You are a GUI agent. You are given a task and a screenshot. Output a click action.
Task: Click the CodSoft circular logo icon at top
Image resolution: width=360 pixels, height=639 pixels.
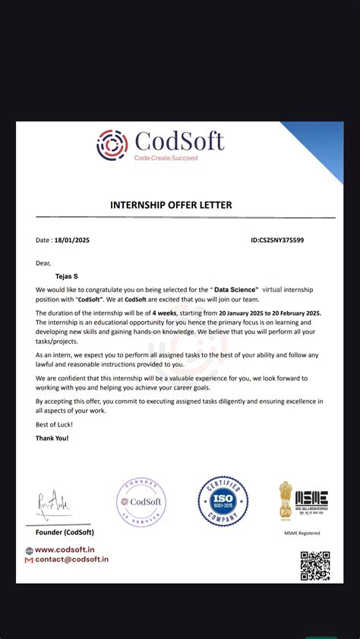[112, 145]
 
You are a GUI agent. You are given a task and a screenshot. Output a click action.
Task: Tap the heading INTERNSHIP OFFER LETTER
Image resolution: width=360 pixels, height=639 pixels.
[171, 205]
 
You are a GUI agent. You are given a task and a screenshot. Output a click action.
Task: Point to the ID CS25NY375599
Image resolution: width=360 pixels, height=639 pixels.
[277, 241]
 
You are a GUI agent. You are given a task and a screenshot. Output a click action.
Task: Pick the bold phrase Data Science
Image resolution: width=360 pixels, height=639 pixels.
[236, 290]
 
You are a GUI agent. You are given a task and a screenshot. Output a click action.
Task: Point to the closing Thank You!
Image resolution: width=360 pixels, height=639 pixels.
[52, 439]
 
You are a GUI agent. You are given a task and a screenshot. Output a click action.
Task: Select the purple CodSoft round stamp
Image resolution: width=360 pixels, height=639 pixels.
[141, 503]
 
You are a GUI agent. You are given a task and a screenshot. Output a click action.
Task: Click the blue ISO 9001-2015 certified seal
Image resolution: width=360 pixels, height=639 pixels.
[223, 502]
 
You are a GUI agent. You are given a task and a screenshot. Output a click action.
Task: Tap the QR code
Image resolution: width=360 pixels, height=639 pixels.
[314, 565]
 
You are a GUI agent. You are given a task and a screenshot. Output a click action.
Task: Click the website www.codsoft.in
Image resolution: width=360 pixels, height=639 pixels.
[64, 550]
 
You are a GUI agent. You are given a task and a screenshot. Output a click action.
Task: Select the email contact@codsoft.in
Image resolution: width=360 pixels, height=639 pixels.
[71, 559]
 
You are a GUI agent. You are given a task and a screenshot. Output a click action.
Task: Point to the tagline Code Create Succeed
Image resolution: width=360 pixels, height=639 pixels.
[166, 158]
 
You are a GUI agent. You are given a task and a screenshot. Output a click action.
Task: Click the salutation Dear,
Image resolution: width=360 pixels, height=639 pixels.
[43, 263]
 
